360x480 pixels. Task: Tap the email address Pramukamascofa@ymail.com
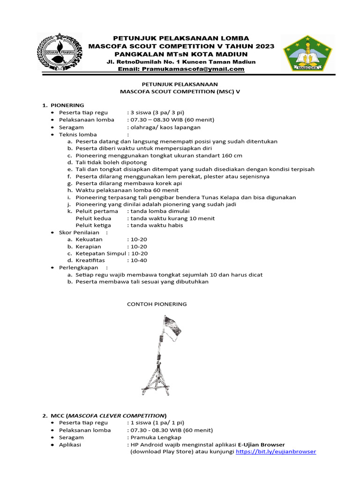[x=181, y=69]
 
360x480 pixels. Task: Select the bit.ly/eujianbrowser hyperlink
[x=276, y=451]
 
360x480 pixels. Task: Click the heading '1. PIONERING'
[x=64, y=105]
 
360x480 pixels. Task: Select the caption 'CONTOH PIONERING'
[x=157, y=304]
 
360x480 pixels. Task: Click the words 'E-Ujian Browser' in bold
[x=261, y=444]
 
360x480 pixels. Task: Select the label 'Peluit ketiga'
[x=93, y=225]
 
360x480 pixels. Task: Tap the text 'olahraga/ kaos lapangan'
[x=165, y=127]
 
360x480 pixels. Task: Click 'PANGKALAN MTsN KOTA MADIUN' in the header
[x=181, y=53]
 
